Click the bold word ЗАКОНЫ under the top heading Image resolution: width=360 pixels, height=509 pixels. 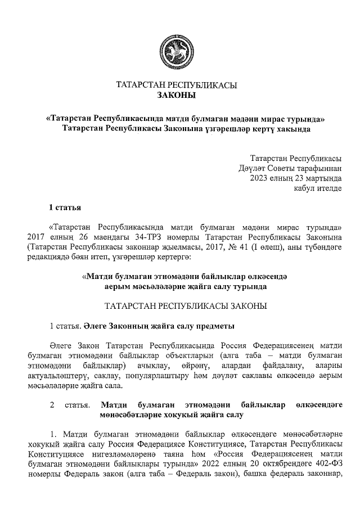pos(176,96)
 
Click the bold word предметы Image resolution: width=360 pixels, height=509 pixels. pos(211,326)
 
